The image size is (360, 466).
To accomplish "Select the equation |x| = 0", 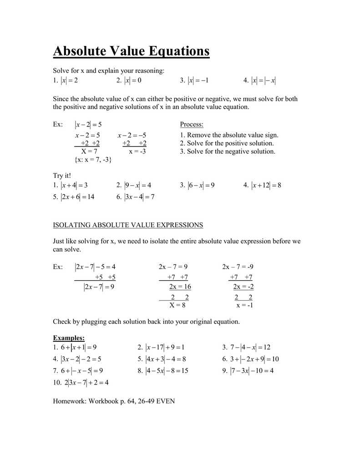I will point(133,81).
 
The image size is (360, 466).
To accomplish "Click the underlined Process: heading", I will point(192,125).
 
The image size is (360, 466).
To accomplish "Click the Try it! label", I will point(62,176).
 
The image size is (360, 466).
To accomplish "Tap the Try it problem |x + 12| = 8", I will point(266,185).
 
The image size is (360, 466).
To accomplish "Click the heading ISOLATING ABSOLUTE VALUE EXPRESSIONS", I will point(128,225).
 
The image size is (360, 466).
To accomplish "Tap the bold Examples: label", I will point(69,338).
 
